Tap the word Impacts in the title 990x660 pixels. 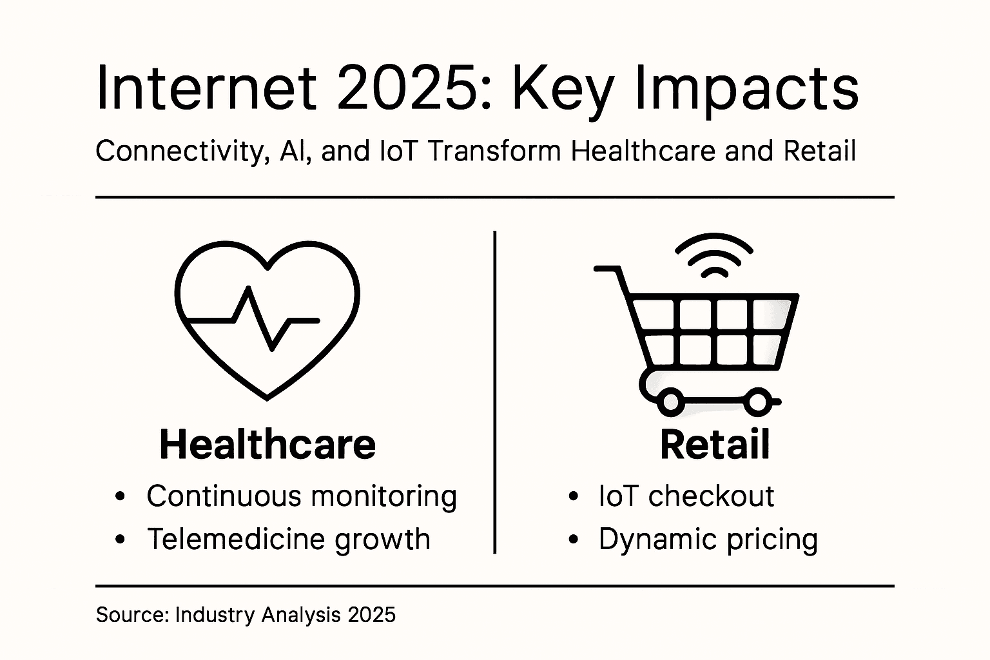(x=746, y=88)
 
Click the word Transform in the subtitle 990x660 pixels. (x=494, y=151)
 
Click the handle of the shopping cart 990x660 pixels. (x=609, y=269)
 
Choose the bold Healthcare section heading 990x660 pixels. (x=267, y=445)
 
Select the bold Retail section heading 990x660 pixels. (x=715, y=445)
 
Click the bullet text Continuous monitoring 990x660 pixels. (x=302, y=496)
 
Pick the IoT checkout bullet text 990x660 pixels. (x=686, y=496)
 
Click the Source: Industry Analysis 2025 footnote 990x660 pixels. (x=246, y=615)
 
